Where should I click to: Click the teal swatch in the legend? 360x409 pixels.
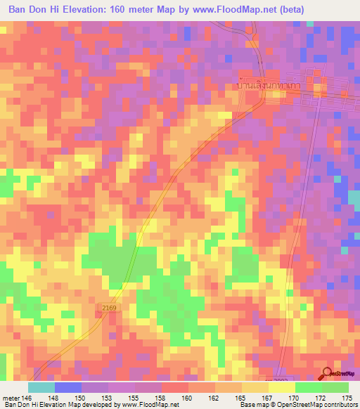(x=41, y=387)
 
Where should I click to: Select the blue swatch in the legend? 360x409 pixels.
(x=68, y=387)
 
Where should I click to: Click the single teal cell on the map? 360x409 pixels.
(x=309, y=24)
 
